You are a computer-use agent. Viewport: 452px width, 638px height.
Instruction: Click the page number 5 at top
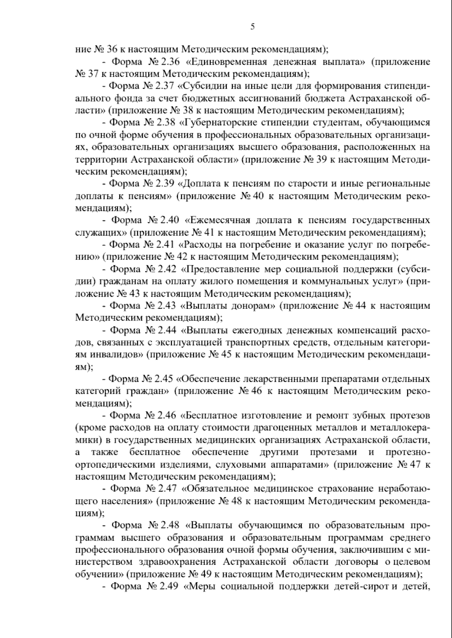(252, 26)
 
